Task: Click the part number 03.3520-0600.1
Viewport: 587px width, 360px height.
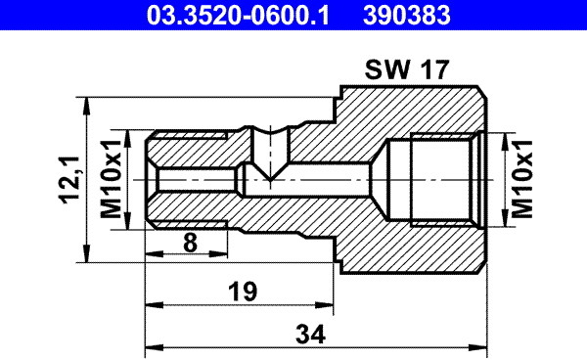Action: tap(238, 16)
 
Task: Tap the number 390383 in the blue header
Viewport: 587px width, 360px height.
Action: tap(407, 16)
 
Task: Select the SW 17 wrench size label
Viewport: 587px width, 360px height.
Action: tap(407, 69)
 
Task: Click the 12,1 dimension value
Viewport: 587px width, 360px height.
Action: tap(69, 180)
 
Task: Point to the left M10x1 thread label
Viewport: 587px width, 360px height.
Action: tap(112, 179)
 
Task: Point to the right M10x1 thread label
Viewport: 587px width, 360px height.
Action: tap(521, 179)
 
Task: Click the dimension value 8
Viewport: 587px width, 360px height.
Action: tap(190, 243)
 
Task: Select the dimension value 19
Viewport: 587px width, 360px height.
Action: tap(243, 292)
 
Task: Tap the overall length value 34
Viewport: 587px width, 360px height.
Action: tap(310, 335)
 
